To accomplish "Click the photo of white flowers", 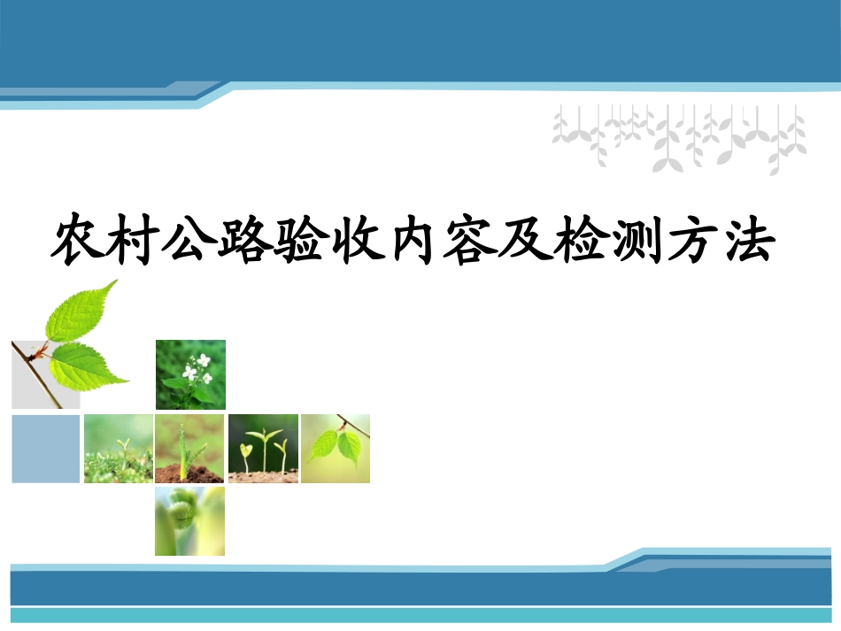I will click(x=190, y=374).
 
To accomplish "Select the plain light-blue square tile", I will click(x=46, y=449).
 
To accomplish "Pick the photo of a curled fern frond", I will click(x=190, y=521).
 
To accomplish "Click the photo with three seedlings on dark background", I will click(x=263, y=449).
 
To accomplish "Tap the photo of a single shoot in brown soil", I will click(x=190, y=449).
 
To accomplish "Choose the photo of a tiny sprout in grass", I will click(x=119, y=449).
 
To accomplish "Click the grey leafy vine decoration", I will click(x=679, y=137).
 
